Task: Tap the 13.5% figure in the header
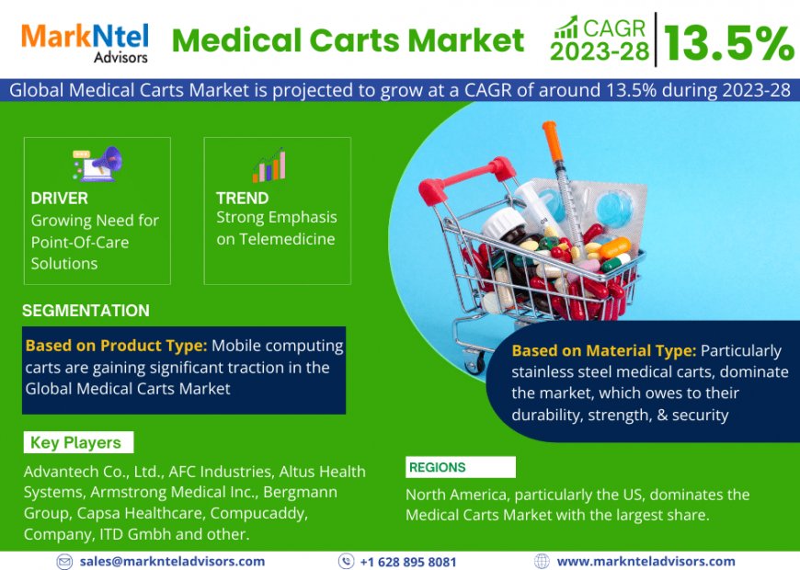(x=728, y=41)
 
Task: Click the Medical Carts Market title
(x=349, y=40)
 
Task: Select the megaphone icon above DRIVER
(x=97, y=164)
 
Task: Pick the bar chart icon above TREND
(x=269, y=165)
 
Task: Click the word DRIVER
(x=60, y=199)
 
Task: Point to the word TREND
(x=242, y=198)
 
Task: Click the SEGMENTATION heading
(x=86, y=311)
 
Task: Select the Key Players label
(x=75, y=442)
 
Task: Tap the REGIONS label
(x=438, y=467)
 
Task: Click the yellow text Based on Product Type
(x=117, y=347)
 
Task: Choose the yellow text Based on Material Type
(x=603, y=350)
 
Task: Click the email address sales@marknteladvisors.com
(x=172, y=561)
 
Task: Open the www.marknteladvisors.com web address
(x=646, y=561)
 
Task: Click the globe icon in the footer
(x=542, y=561)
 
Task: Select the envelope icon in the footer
(x=64, y=561)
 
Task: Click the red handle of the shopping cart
(x=440, y=188)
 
